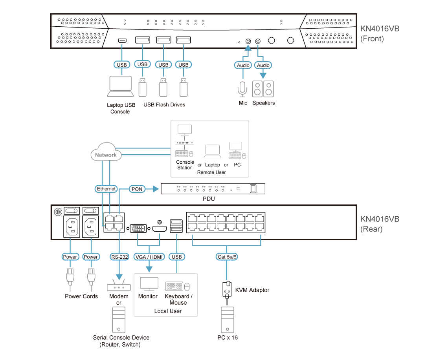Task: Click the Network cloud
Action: (106, 154)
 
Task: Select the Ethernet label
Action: (106, 189)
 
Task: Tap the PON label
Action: (137, 189)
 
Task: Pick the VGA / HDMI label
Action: (149, 257)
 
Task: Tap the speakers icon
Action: (263, 89)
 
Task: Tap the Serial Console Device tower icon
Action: (119, 320)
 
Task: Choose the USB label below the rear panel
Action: (177, 257)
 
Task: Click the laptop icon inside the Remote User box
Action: (213, 152)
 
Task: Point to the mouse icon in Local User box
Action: (187, 286)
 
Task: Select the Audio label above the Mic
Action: (243, 65)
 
